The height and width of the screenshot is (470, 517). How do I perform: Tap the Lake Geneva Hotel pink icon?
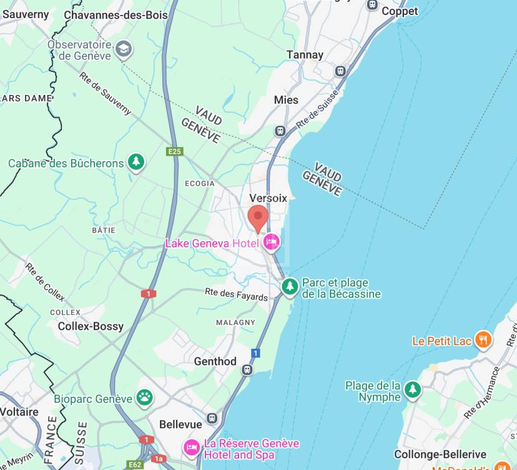pos(272,242)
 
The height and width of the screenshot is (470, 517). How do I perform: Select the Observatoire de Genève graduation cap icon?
pos(124,49)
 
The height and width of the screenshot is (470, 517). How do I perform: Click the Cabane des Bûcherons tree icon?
pos(136,162)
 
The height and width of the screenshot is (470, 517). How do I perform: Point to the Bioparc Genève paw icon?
pos(145,397)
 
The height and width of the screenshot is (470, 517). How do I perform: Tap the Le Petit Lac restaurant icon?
pos(483,340)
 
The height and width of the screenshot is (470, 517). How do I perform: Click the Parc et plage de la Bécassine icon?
pos(289,287)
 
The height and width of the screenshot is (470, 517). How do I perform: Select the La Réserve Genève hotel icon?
pos(191,447)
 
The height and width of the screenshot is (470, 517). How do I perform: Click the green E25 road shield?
pos(175,152)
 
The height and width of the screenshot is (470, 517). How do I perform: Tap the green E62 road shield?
pos(135,464)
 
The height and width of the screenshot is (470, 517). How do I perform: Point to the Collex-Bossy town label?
pos(91,326)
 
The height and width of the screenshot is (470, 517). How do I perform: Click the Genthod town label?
pos(215,361)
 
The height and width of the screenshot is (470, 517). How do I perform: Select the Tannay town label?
pos(305,55)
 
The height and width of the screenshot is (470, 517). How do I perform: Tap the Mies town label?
pos(286,100)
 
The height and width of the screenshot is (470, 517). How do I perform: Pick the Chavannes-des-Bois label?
pos(116,14)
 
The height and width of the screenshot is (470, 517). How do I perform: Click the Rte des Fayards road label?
pos(237,294)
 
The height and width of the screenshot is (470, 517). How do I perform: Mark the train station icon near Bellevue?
pos(212,417)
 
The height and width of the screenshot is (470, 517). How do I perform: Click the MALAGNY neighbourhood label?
pos(235,322)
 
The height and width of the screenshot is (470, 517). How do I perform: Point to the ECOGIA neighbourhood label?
pos(199,184)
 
